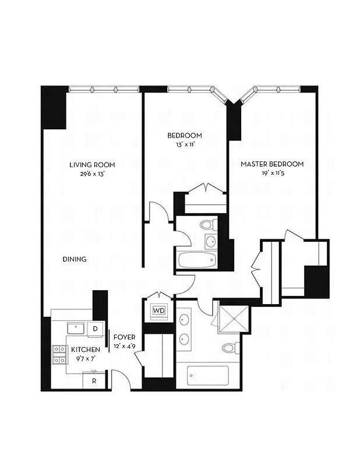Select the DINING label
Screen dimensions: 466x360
tap(75, 259)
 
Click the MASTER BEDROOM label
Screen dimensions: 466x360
tap(272, 164)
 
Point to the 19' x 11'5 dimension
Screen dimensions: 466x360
tap(273, 174)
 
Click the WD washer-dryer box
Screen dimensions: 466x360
tap(158, 311)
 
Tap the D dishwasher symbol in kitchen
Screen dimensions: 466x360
tap(96, 330)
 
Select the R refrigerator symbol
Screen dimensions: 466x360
tap(93, 381)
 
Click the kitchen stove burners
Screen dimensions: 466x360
tap(59, 355)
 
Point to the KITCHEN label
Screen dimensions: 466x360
tap(86, 349)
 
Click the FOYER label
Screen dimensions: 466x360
tap(124, 337)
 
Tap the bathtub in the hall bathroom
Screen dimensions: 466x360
tap(197, 260)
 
